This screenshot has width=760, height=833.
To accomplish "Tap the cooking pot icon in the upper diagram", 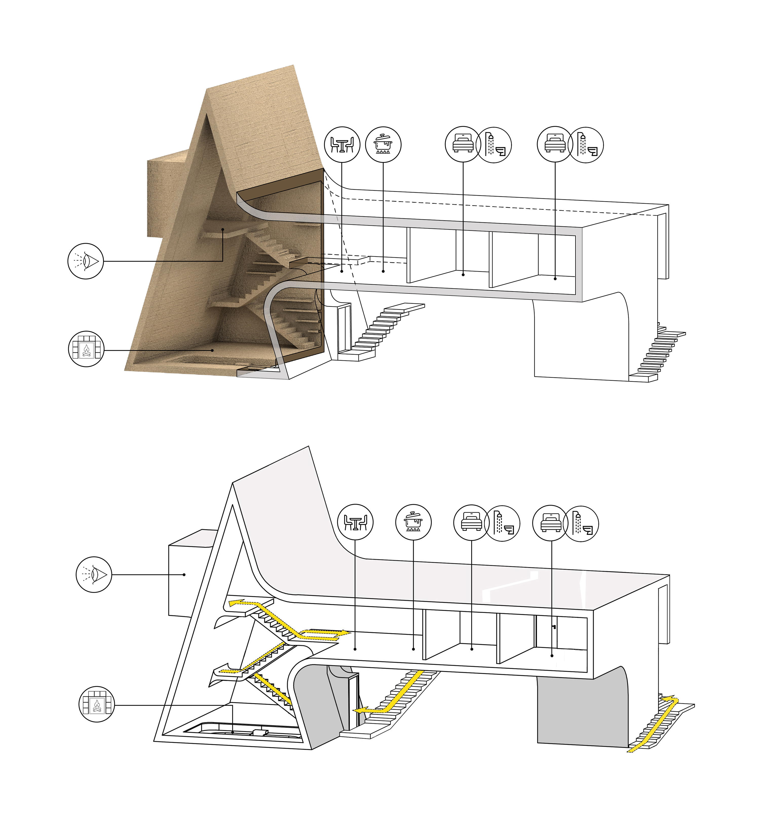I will pyautogui.click(x=383, y=144).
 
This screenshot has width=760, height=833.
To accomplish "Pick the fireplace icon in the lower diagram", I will pyautogui.click(x=96, y=705).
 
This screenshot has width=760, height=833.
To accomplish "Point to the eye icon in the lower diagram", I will pyautogui.click(x=94, y=574).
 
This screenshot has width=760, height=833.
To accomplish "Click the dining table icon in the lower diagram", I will pyautogui.click(x=355, y=522).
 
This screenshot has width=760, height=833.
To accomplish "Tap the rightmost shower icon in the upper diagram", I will pyautogui.click(x=586, y=145).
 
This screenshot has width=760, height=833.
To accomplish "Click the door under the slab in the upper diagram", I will pyautogui.click(x=344, y=328).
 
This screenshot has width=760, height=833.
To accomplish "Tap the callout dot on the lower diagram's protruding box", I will pyautogui.click(x=184, y=574).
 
